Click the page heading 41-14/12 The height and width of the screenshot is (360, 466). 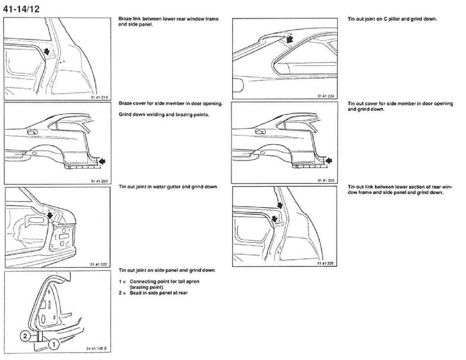coord(22,8)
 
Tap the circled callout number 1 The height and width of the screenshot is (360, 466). coord(53,344)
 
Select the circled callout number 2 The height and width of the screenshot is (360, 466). coord(24,336)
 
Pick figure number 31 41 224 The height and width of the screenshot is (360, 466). coord(326,96)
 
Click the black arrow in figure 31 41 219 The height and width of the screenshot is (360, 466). coord(46,51)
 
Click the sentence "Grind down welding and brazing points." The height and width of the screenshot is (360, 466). coord(164,114)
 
